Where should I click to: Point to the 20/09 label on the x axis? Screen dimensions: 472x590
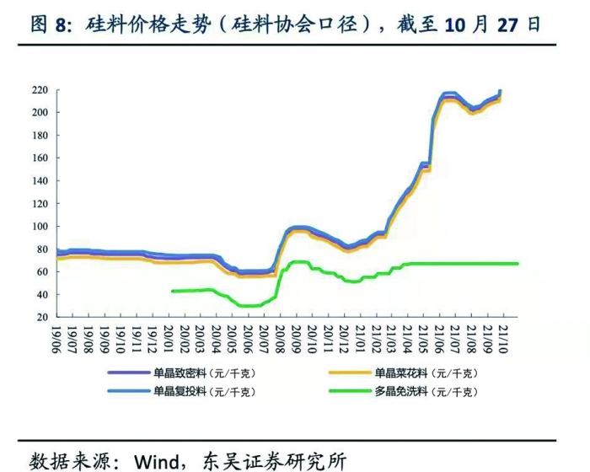point(296,337)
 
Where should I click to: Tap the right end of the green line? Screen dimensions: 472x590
point(518,264)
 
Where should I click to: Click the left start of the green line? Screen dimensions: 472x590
point(171,291)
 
